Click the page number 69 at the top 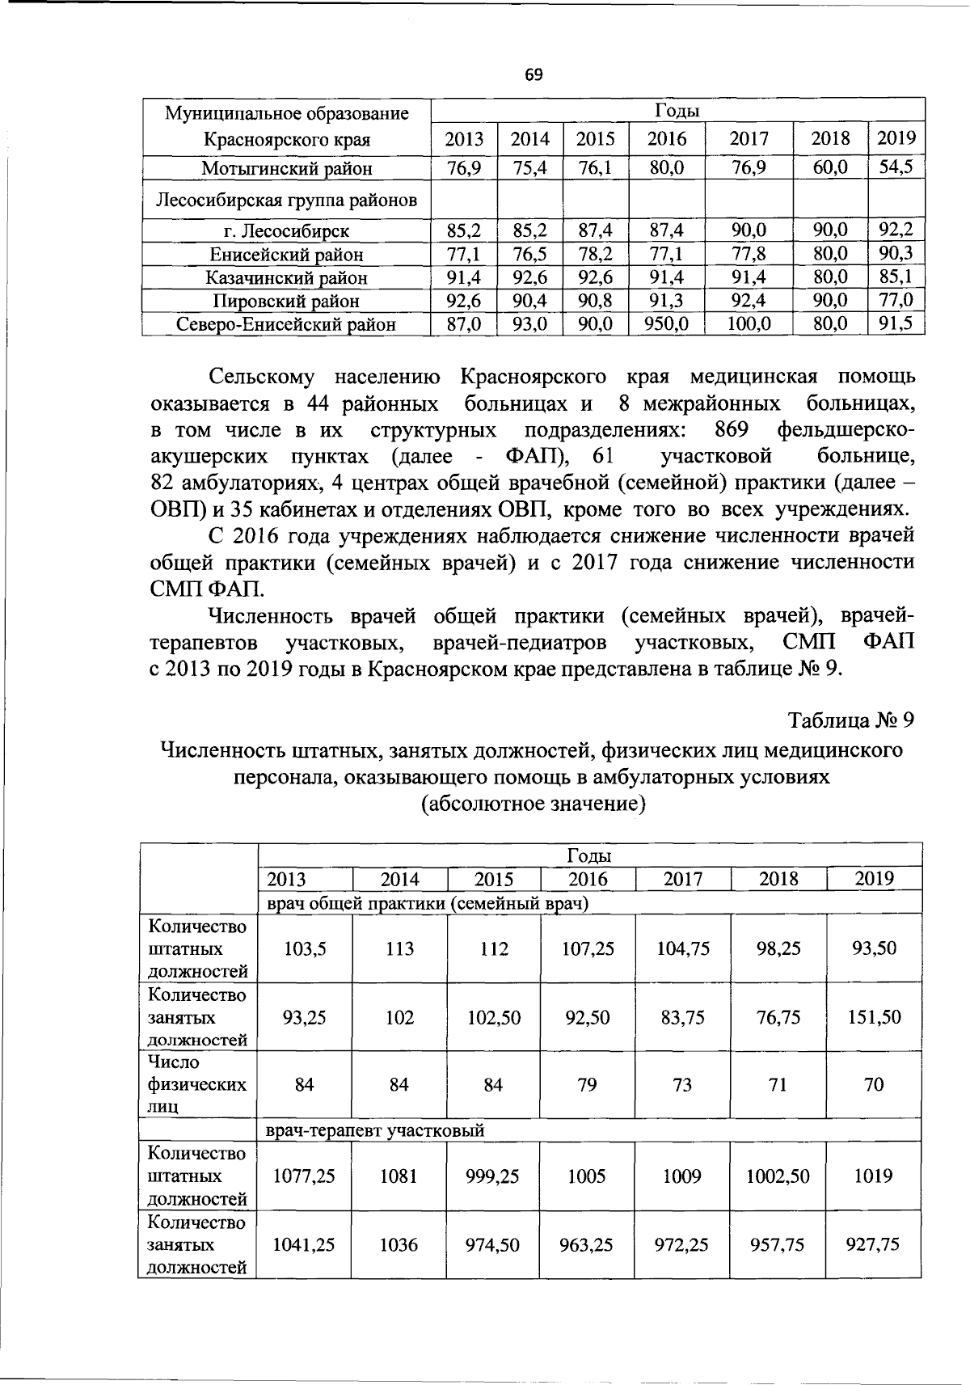(533, 75)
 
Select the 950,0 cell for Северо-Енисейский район (666, 325)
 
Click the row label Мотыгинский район (287, 169)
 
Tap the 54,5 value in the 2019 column (896, 167)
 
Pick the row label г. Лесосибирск (287, 231)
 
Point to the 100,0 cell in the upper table (749, 325)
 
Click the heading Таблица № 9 (851, 720)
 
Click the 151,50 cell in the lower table (874, 1017)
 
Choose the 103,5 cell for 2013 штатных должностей (305, 948)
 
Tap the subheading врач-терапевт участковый (375, 1130)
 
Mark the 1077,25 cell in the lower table (304, 1176)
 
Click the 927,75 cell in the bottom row (873, 1244)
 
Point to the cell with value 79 (587, 1084)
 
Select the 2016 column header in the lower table (588, 879)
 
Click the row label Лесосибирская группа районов (287, 201)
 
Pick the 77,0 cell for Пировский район (896, 301)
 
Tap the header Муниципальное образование (287, 113)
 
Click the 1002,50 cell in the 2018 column (778, 1176)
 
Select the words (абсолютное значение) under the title (533, 804)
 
